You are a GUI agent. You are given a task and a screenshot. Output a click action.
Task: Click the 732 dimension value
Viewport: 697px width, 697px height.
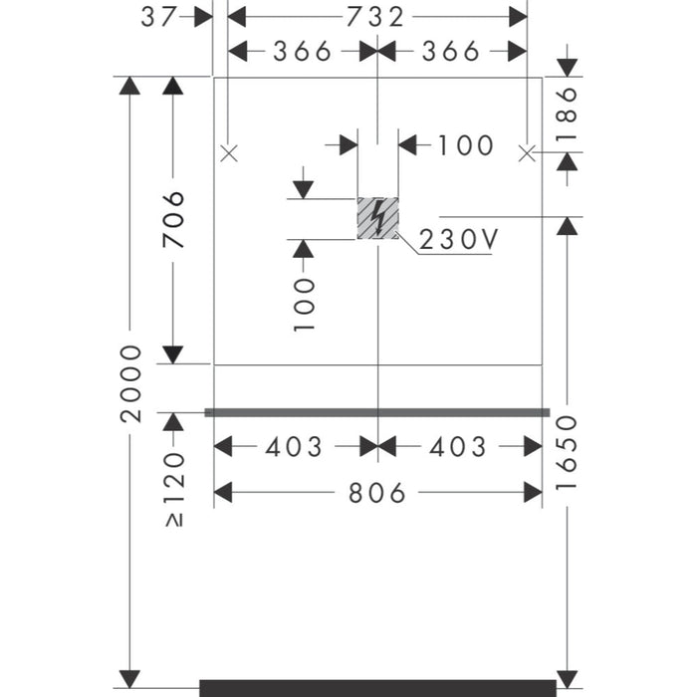pyautogui.click(x=375, y=17)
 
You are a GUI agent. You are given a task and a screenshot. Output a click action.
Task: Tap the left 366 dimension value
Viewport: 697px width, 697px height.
pyautogui.click(x=302, y=51)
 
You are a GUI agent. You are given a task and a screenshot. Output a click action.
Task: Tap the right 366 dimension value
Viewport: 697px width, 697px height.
pyautogui.click(x=451, y=51)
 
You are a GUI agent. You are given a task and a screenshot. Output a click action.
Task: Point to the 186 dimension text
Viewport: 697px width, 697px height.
pyautogui.click(x=567, y=114)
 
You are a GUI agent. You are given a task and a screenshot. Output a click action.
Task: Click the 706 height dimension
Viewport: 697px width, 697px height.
pyautogui.click(x=173, y=220)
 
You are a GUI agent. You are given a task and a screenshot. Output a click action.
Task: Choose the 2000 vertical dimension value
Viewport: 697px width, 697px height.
pyautogui.click(x=130, y=383)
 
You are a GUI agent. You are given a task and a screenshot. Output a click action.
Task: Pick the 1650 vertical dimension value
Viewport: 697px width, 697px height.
pyautogui.click(x=567, y=452)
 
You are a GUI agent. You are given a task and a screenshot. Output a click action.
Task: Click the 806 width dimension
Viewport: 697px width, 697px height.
pyautogui.click(x=377, y=493)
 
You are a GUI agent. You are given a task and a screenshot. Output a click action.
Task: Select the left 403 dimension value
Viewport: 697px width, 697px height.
pyautogui.click(x=294, y=447)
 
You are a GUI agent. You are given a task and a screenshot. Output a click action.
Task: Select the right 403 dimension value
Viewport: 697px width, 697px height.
pyautogui.click(x=458, y=447)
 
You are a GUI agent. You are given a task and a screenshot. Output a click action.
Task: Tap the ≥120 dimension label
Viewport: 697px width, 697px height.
pyautogui.click(x=174, y=490)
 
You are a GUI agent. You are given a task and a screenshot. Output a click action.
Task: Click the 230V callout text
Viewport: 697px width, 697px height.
pyautogui.click(x=459, y=240)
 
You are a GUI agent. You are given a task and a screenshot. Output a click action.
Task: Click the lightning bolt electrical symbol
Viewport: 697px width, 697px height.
pyautogui.click(x=377, y=218)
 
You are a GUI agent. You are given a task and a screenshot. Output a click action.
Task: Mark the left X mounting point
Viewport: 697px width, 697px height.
pyautogui.click(x=229, y=153)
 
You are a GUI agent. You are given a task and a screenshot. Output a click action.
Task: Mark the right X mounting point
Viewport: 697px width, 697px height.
pyautogui.click(x=527, y=153)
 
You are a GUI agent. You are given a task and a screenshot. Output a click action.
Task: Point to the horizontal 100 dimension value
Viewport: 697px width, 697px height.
pyautogui.click(x=466, y=145)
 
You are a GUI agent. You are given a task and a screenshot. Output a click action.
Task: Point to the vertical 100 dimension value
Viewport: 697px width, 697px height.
pyautogui.click(x=305, y=305)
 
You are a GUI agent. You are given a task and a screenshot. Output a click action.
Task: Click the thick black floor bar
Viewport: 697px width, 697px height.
pyautogui.click(x=377, y=688)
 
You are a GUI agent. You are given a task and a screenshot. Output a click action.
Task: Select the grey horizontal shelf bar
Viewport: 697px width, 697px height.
pyautogui.click(x=377, y=413)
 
